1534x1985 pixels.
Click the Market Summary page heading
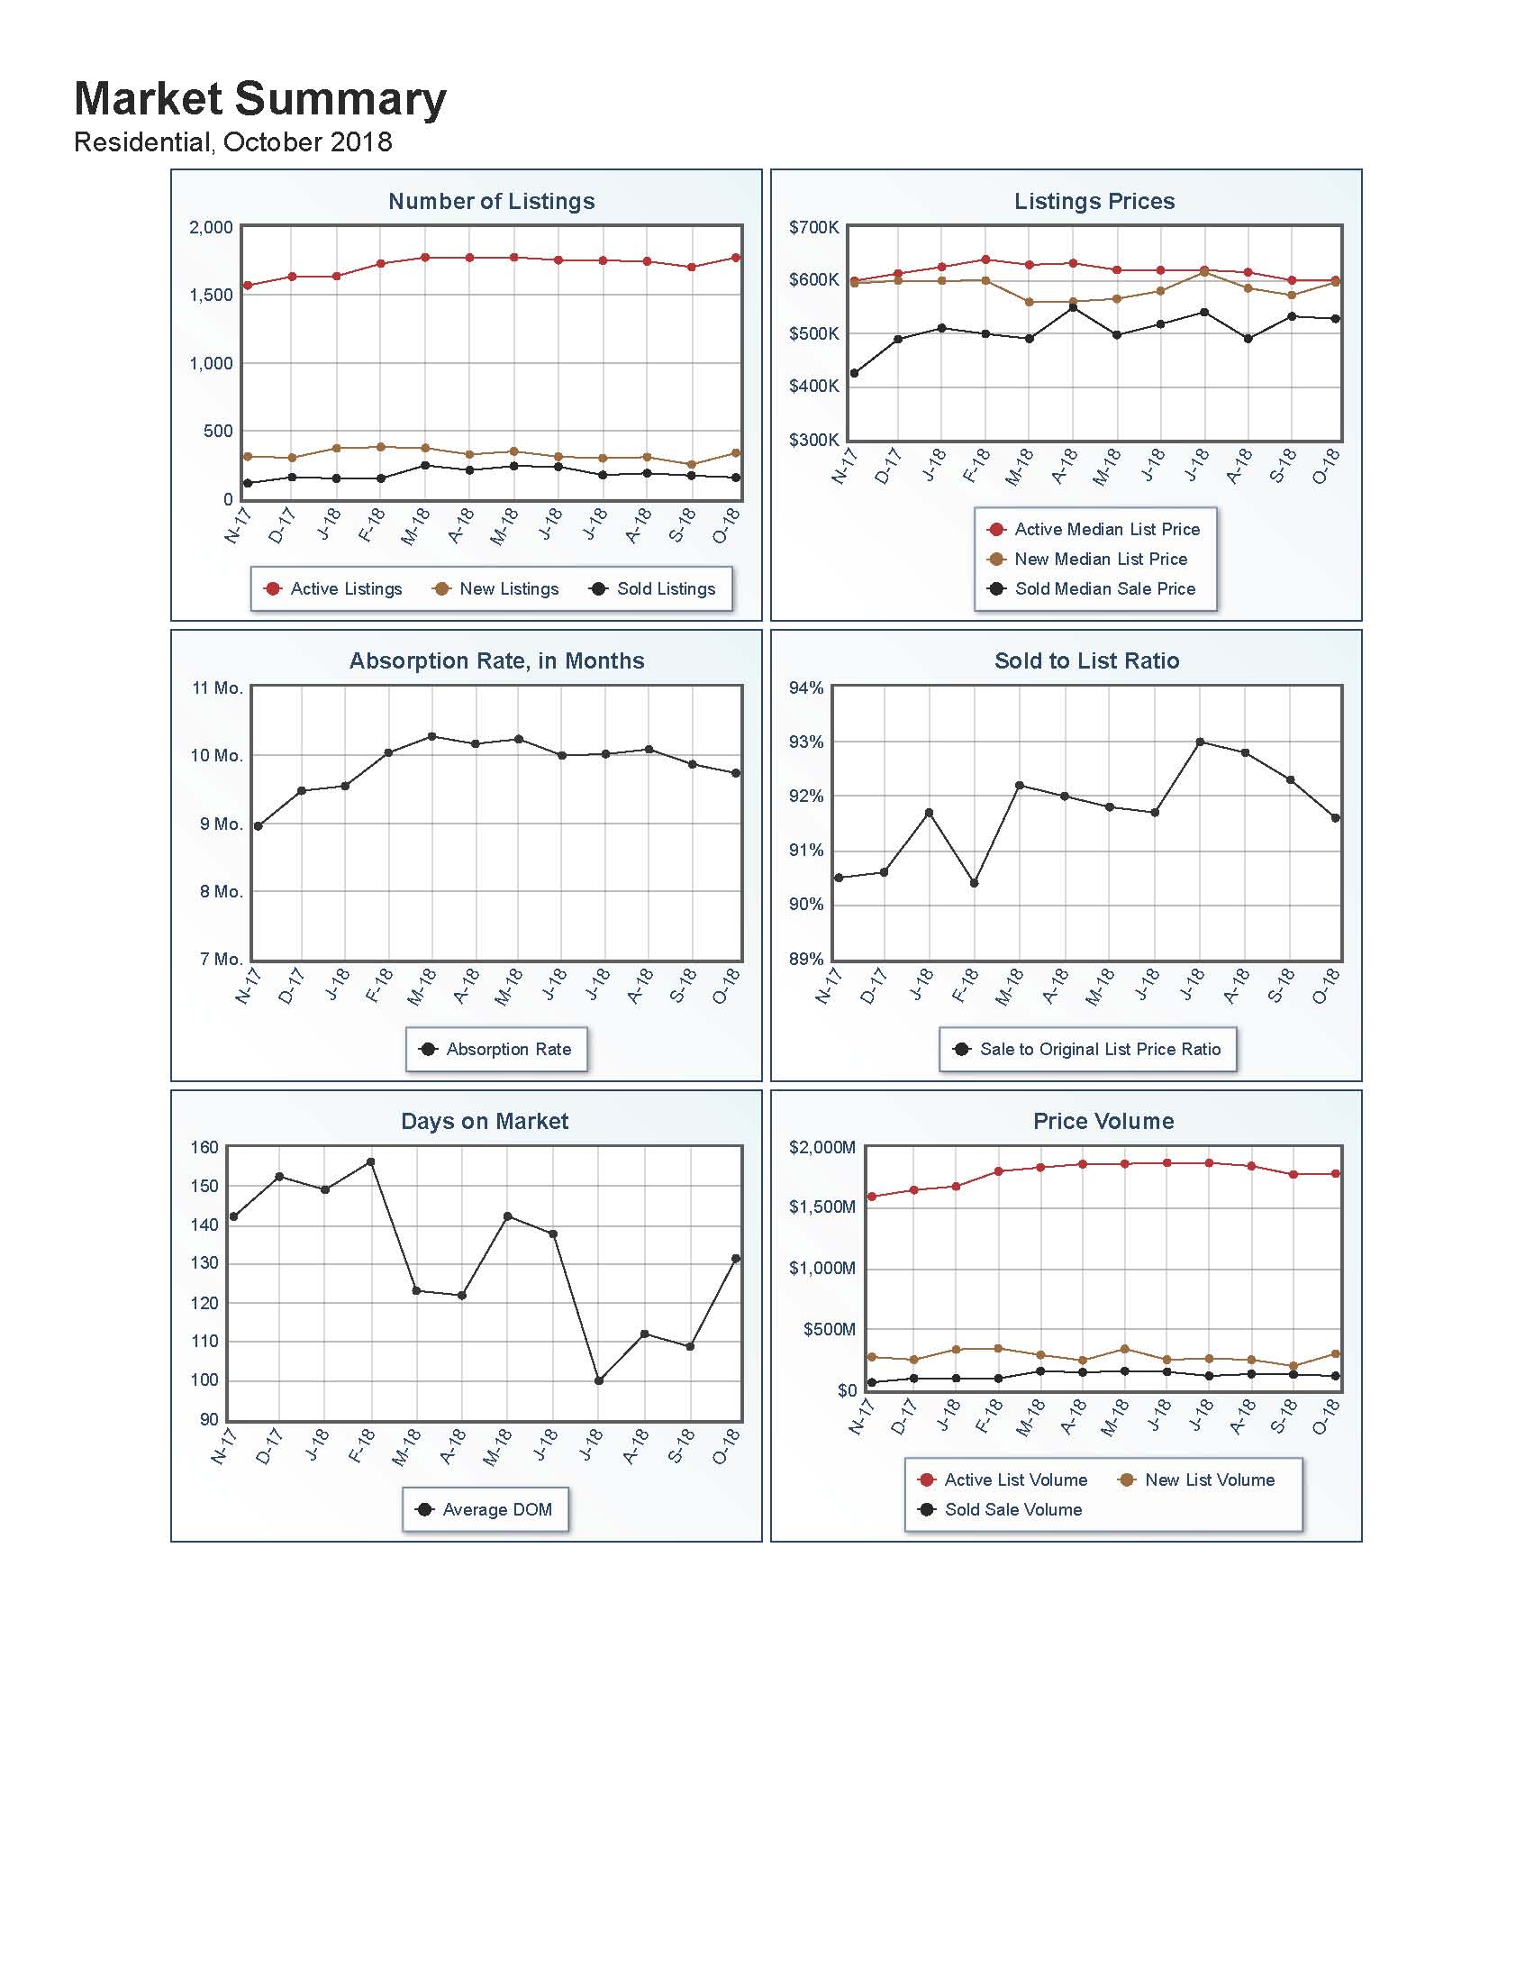pos(259,99)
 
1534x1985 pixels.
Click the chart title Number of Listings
pos(491,201)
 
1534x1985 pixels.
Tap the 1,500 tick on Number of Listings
pos(211,296)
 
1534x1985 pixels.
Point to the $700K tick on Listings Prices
pos(813,227)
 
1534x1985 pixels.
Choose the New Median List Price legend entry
pos(1088,559)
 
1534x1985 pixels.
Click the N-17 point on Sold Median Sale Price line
pos(853,374)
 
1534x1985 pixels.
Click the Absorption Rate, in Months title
pos(496,660)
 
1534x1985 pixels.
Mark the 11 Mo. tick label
pos(217,688)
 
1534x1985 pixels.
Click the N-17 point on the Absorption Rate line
pos(259,826)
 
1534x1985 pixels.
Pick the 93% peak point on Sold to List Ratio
pos(1200,742)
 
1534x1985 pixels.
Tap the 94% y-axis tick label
pos(805,688)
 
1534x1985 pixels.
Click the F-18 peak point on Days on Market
pos(370,1162)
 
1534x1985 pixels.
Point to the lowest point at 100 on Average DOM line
pos(598,1380)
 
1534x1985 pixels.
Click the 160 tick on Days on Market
pos(204,1148)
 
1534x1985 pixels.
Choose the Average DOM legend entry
pos(486,1509)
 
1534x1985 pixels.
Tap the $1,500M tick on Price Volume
pos(821,1207)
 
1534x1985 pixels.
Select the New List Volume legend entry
pos(1197,1480)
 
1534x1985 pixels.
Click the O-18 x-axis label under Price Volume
pos(1327,1417)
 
